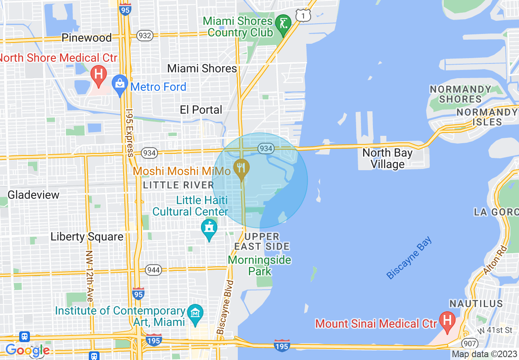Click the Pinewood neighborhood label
point(86,38)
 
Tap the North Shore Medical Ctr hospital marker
point(98,75)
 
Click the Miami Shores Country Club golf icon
point(283,24)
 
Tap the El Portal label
point(201,110)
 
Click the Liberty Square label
point(87,237)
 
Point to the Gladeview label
point(34,195)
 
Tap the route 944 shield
point(154,270)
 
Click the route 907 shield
point(468,343)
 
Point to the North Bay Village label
point(387,159)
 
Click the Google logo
point(27,350)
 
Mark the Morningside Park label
point(259,265)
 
